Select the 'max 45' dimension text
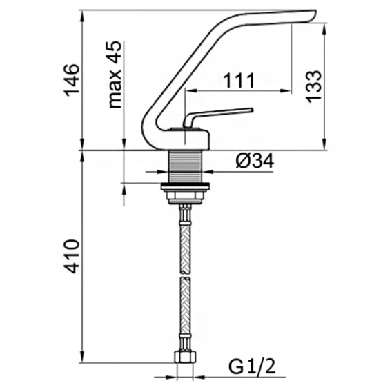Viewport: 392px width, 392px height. pyautogui.click(x=115, y=75)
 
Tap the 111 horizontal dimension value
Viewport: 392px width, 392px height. pyautogui.click(x=239, y=81)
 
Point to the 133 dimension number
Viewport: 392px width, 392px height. pyautogui.click(x=313, y=86)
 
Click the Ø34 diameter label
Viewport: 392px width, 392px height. pyautogui.click(x=255, y=161)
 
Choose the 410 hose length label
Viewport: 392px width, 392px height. pyautogui.click(x=72, y=256)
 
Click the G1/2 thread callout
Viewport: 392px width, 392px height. pyautogui.click(x=252, y=366)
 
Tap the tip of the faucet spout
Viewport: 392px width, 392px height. pyautogui.click(x=315, y=13)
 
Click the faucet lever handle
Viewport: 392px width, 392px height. pyautogui.click(x=217, y=117)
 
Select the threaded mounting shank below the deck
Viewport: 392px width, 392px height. pyautogui.click(x=185, y=166)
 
